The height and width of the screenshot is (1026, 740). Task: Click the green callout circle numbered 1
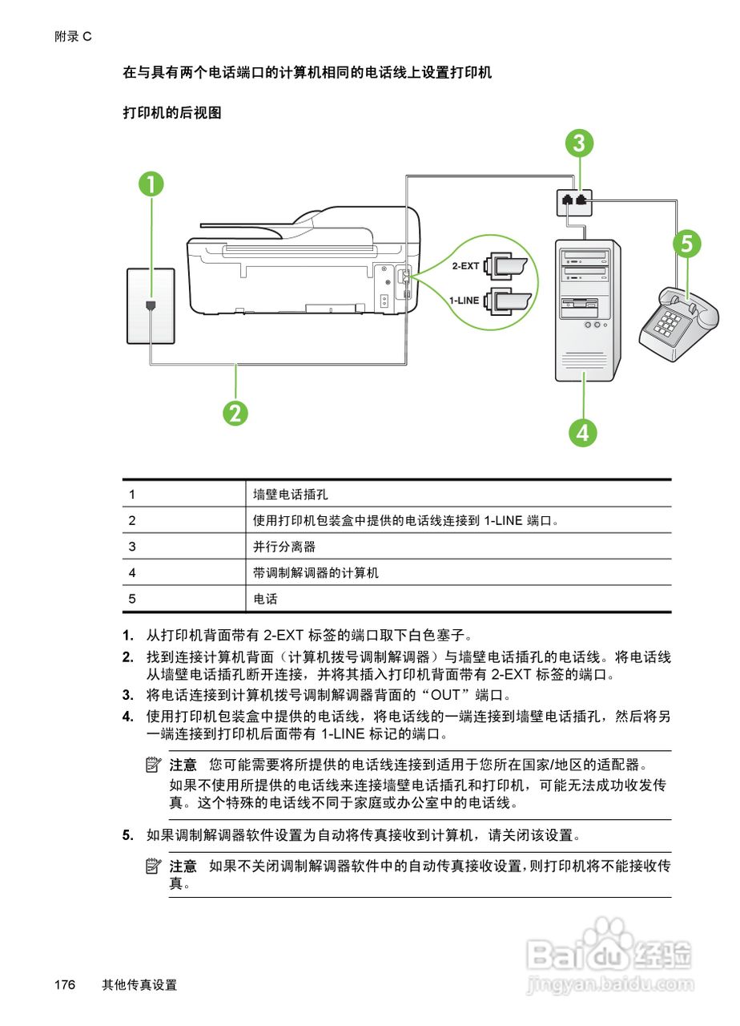pyautogui.click(x=151, y=184)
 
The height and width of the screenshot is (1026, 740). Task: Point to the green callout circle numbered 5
pyautogui.click(x=687, y=242)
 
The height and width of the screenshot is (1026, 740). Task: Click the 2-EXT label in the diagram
pyautogui.click(x=465, y=265)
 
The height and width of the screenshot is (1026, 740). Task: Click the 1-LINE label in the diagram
pyautogui.click(x=464, y=301)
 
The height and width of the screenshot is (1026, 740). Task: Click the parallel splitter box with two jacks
pyautogui.click(x=573, y=200)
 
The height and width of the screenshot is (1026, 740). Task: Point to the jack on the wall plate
pyautogui.click(x=151, y=306)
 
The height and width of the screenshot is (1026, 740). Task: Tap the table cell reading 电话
pyautogui.click(x=265, y=600)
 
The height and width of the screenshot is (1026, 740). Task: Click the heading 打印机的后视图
pyautogui.click(x=171, y=113)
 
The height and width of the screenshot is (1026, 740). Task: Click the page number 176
pyautogui.click(x=65, y=985)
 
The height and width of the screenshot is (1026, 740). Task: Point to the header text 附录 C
pyautogui.click(x=74, y=37)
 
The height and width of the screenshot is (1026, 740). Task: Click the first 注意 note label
pyautogui.click(x=183, y=765)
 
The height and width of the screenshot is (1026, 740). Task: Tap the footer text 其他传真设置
pyautogui.click(x=139, y=985)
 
